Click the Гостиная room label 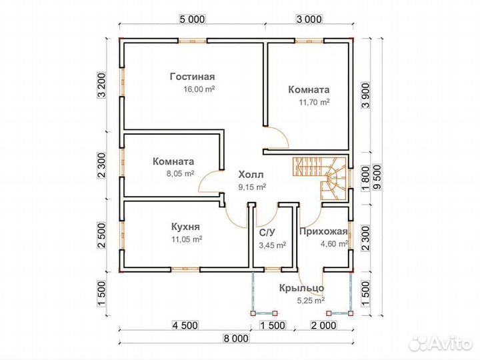tap(193, 77)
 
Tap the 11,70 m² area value tap(315, 102)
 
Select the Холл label tap(251, 175)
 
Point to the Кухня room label tap(185, 227)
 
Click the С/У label tap(267, 233)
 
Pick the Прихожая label tap(323, 231)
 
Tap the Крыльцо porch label tap(301, 289)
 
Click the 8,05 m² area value tap(180, 173)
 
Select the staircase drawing tap(319, 179)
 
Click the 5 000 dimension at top tap(191, 19)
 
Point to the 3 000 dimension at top tap(309, 19)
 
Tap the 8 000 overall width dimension tap(236, 338)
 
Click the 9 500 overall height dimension tap(378, 178)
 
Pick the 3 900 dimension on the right tap(366, 95)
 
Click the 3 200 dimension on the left tap(101, 85)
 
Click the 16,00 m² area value tap(199, 89)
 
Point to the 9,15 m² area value tap(252, 187)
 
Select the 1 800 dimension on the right tap(366, 179)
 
